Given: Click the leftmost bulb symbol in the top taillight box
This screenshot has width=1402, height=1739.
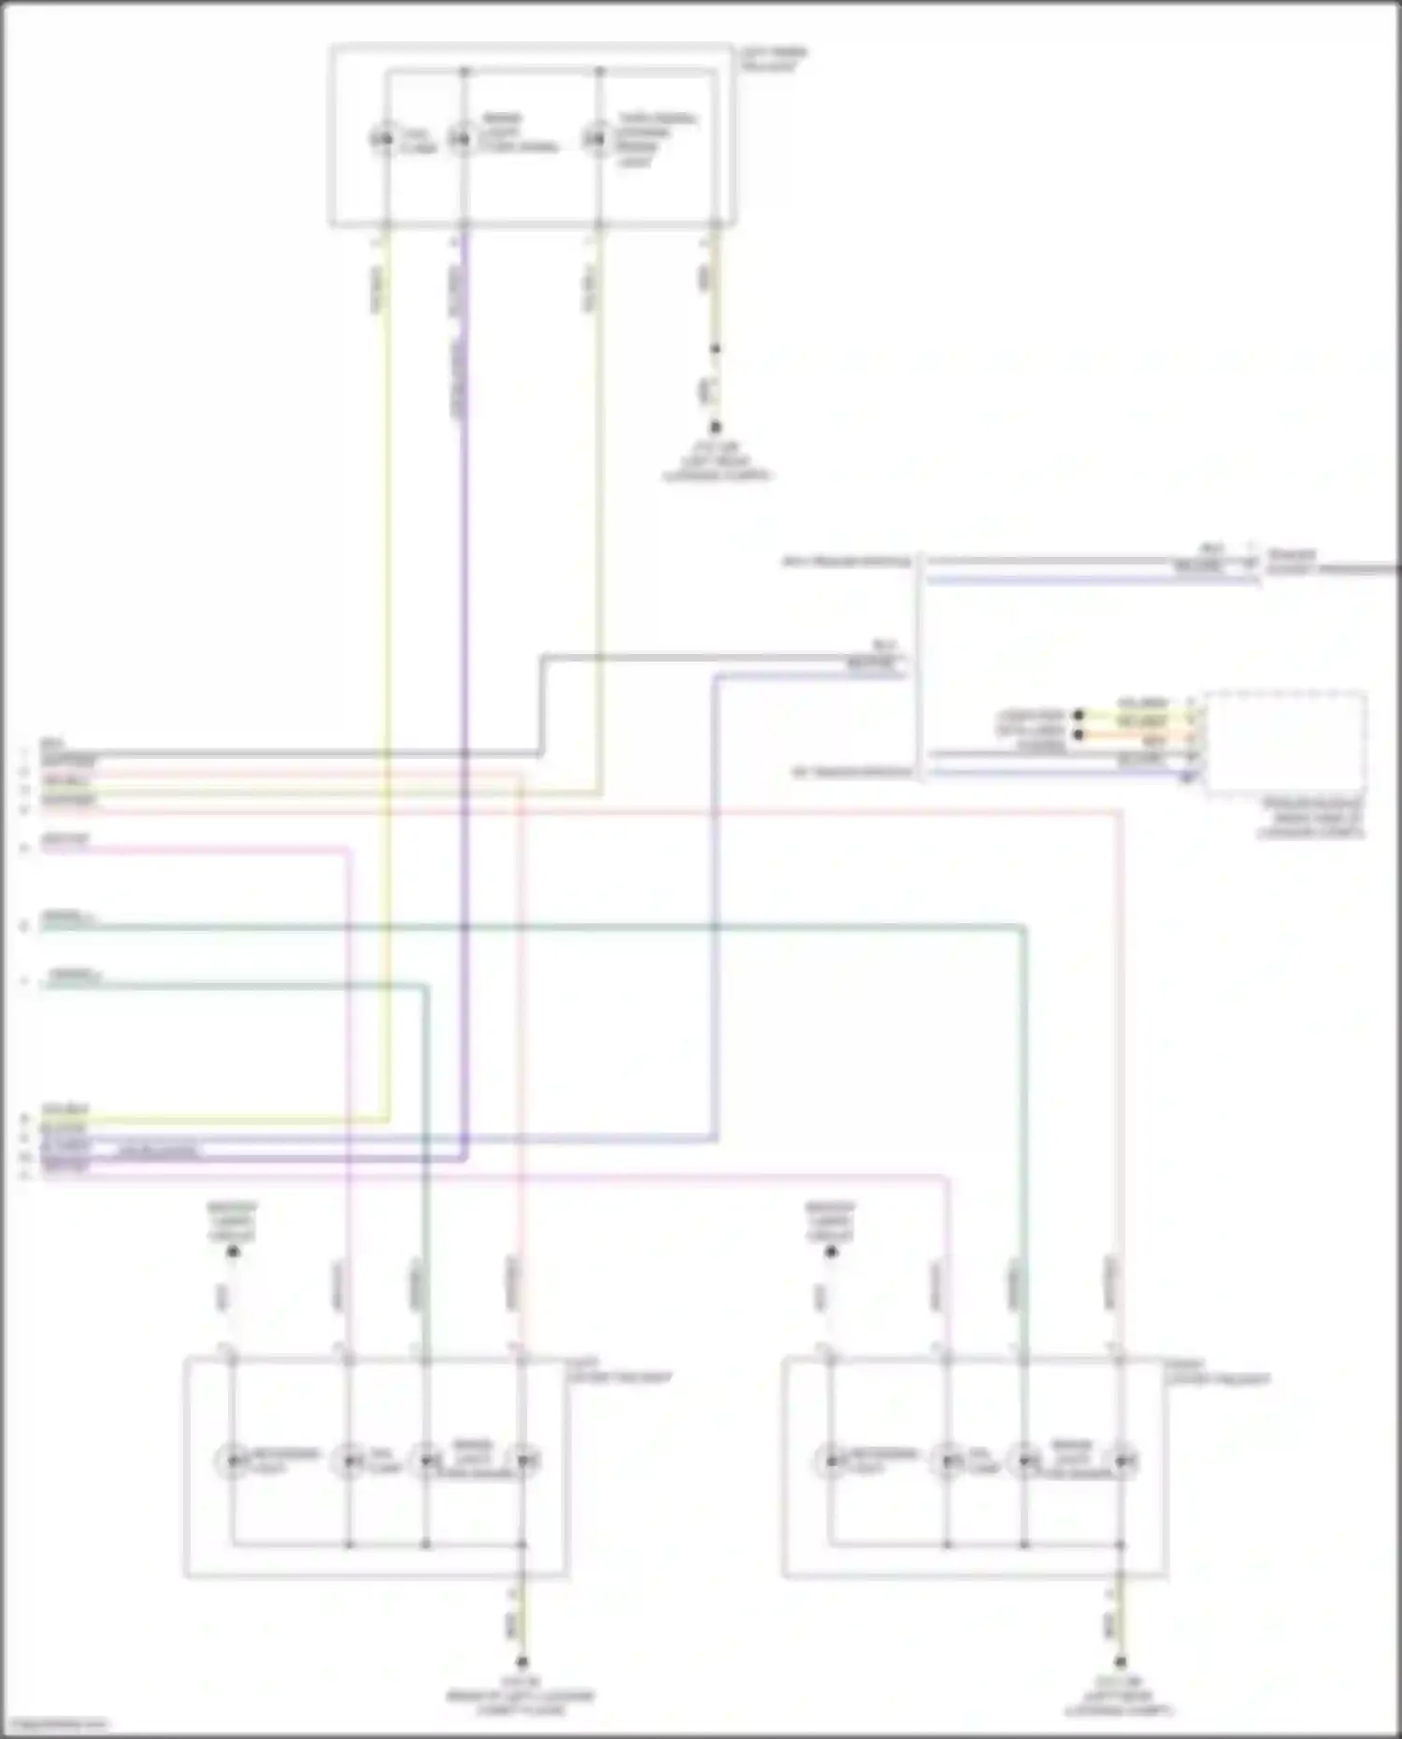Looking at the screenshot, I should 382,140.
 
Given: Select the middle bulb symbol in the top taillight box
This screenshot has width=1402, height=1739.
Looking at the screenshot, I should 461,140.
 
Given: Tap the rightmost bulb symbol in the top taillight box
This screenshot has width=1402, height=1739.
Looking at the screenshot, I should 596,140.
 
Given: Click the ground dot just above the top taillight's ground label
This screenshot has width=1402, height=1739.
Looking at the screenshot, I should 716,427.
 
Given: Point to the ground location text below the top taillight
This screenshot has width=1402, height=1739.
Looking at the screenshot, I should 717,463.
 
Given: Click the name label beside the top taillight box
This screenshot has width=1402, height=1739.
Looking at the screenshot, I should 774,59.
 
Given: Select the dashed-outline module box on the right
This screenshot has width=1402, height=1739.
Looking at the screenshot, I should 1286,743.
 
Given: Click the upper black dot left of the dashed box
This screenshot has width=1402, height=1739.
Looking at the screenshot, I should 1078,716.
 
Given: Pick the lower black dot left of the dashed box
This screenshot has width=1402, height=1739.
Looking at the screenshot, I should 1078,735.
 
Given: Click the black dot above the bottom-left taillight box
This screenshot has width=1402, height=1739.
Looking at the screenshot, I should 234,1251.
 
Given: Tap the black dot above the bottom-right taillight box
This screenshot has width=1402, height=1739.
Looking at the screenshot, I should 831,1251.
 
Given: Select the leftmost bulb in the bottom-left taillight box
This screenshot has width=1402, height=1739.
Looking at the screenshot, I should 231,1460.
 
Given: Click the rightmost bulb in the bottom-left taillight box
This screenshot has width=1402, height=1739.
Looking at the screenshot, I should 523,1460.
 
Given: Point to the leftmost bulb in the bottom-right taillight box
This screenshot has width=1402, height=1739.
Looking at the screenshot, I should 829,1460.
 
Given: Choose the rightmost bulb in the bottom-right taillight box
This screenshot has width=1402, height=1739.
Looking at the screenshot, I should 1122,1460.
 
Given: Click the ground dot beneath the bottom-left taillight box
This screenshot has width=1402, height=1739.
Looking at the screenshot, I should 522,1662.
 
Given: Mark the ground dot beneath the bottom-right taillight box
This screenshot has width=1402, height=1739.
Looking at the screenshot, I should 1120,1662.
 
